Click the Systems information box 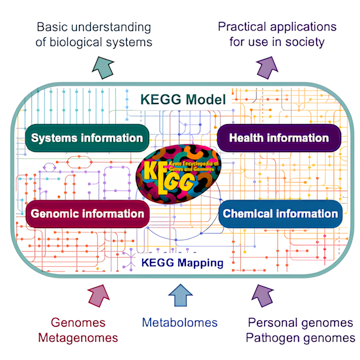[x=87, y=138]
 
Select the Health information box [x=279, y=138]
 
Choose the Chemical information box [x=281, y=213]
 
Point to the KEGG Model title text [x=183, y=100]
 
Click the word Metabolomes [x=180, y=323]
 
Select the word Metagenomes [x=78, y=337]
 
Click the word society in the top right [x=302, y=42]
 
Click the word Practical [x=244, y=27]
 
